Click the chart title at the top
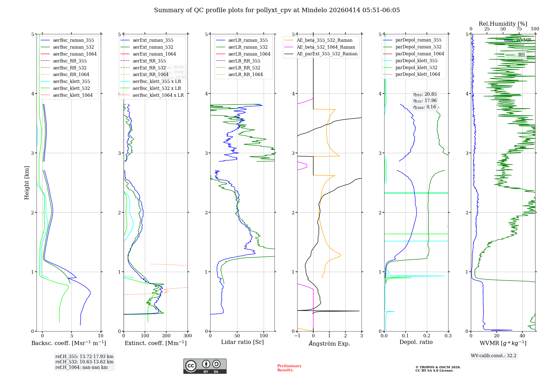click(x=277, y=10)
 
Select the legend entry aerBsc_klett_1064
click(x=73, y=95)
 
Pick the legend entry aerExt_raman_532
click(x=153, y=47)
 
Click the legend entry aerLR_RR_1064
click(x=245, y=74)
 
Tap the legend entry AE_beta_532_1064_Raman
click(x=326, y=47)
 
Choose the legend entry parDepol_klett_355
click(x=416, y=61)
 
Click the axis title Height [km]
click(x=27, y=183)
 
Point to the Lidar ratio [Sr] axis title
click(x=242, y=342)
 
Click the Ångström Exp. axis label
click(x=329, y=343)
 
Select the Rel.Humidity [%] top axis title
click(x=503, y=24)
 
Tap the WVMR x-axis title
click(x=503, y=343)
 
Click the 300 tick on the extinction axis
click(x=188, y=336)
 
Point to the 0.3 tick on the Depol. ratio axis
click(x=448, y=336)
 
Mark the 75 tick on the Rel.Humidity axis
click(x=519, y=29)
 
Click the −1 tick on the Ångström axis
click(x=297, y=336)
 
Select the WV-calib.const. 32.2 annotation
click(x=494, y=356)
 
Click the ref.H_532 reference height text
click(x=84, y=362)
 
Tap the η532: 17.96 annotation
click(x=425, y=101)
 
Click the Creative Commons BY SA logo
click(x=205, y=366)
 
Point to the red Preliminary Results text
click(x=289, y=368)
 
